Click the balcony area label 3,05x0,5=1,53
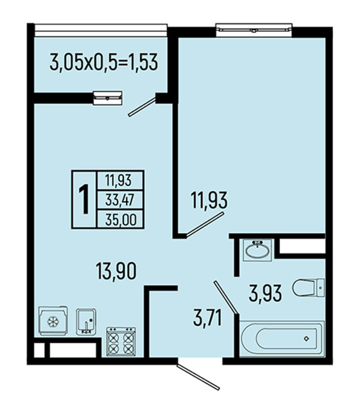point(104,62)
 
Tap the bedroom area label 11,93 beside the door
point(208,200)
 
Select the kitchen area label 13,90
point(116,271)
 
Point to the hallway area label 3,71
point(207,318)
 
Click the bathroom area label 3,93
point(265,293)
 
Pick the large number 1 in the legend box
point(84,199)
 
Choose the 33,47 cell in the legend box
point(120,200)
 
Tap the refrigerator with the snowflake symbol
point(53,321)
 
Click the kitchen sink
point(86,321)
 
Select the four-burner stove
point(121,341)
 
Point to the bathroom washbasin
point(257,250)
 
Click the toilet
point(309,288)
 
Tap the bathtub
point(282,338)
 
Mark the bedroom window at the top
point(254,30)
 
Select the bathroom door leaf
point(226,297)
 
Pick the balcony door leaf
point(142,107)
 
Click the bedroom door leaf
point(205,224)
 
